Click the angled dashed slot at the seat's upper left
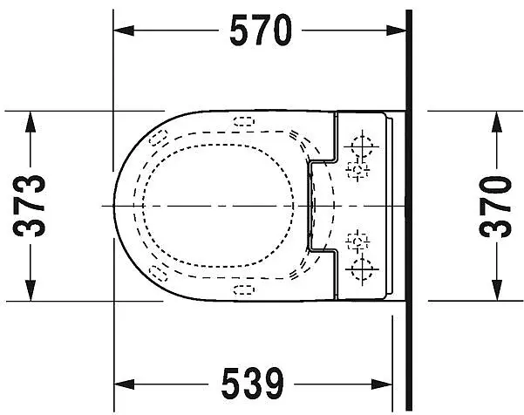point(158,136)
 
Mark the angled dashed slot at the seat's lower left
point(158,273)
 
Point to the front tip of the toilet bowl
point(115,204)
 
